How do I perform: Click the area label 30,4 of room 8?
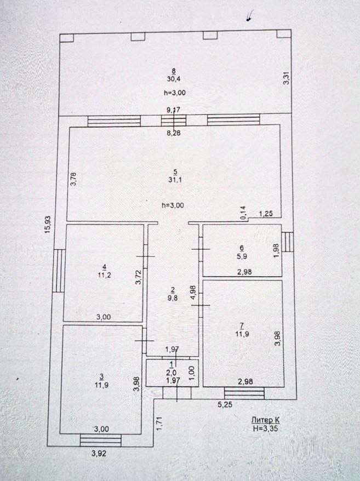click(174, 79)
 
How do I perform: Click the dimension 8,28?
click(175, 133)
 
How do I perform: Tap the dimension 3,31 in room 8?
click(285, 79)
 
